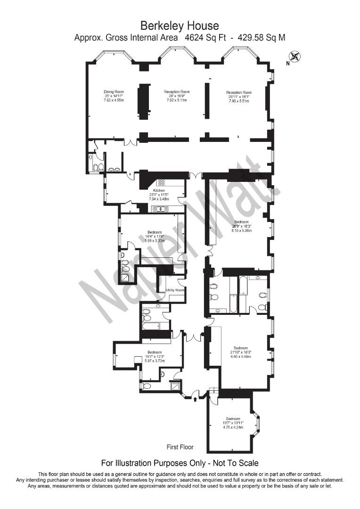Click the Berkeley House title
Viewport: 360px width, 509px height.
click(x=180, y=25)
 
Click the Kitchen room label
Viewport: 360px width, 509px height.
click(x=159, y=190)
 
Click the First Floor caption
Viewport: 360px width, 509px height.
click(x=180, y=447)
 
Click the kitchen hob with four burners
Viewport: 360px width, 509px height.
click(x=161, y=182)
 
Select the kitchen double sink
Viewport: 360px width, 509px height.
click(x=160, y=209)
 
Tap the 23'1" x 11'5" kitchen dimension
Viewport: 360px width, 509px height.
click(x=159, y=195)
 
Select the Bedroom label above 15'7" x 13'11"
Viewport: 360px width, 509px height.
click(x=233, y=419)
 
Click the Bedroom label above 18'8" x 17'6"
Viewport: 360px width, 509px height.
click(x=155, y=232)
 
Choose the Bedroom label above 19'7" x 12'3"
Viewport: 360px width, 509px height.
click(x=155, y=352)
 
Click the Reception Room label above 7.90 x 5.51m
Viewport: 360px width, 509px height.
click(x=239, y=92)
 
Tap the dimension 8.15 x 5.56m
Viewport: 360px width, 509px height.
click(x=241, y=230)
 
